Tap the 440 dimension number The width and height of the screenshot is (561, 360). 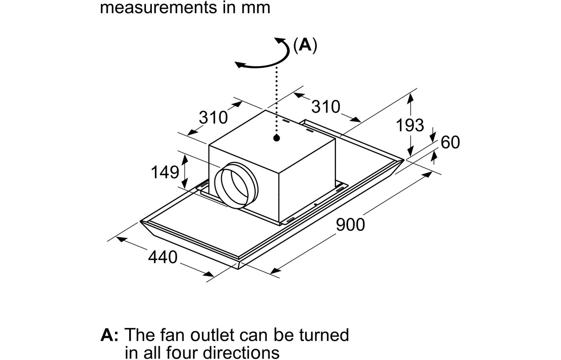[x=162, y=257]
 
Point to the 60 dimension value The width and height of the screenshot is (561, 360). [x=450, y=143]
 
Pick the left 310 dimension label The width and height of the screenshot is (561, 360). [x=213, y=117]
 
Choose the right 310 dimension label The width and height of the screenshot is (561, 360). [x=326, y=107]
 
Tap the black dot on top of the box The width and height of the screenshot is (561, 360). [x=277, y=138]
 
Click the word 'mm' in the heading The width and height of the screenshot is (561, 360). [x=256, y=8]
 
